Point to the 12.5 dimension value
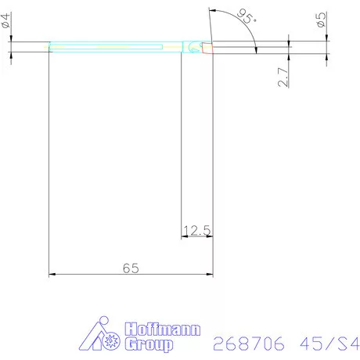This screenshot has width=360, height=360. pyautogui.click(x=197, y=230)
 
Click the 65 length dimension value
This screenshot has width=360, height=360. pyautogui.click(x=131, y=268)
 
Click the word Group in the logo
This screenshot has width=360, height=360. pyautogui.click(x=146, y=344)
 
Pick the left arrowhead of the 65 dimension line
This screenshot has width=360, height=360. pyautogui.click(x=53, y=275)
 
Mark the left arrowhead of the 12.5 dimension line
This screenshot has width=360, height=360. pyautogui.click(x=185, y=237)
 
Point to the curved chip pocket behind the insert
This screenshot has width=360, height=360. pyautogui.click(x=193, y=49)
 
